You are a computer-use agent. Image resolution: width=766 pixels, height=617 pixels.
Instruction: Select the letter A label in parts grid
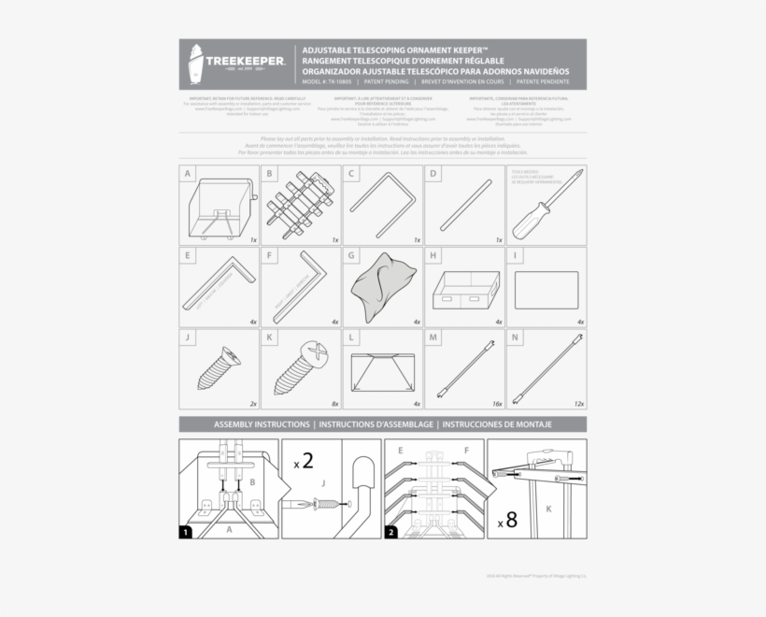188,174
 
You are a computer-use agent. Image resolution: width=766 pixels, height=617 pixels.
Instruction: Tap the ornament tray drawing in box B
300,205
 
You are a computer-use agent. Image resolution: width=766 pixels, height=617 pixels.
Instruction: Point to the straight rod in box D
464,204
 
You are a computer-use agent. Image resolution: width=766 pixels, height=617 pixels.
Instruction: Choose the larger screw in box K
301,366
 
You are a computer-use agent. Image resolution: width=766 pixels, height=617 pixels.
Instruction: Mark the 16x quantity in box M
498,404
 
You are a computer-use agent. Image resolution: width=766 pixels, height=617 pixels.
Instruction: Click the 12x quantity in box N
579,404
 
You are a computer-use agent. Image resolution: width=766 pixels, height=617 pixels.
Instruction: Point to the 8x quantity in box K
334,404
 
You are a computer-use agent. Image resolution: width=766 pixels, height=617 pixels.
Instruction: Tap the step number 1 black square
186,532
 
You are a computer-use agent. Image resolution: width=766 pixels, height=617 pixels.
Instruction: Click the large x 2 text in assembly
303,460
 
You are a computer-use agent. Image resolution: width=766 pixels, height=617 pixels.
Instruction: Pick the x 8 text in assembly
508,520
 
